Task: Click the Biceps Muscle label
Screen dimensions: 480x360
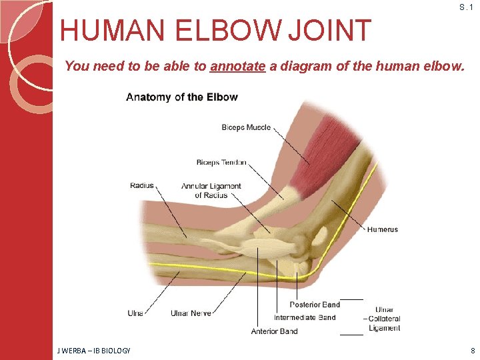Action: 246,127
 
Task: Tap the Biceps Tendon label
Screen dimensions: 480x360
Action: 221,162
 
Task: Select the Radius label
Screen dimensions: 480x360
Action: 142,185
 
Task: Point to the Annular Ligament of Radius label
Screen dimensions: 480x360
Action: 211,190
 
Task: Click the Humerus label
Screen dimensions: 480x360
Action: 382,229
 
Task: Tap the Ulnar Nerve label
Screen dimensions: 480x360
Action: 191,313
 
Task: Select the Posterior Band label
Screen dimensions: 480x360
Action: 315,305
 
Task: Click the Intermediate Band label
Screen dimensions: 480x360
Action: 305,317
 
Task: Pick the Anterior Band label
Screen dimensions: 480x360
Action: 274,331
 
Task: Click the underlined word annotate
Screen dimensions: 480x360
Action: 238,67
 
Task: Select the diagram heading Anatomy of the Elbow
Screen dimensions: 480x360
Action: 181,97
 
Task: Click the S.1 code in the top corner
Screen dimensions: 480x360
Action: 466,7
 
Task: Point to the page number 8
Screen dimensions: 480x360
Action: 473,351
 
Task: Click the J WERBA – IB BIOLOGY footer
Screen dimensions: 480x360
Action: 93,351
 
